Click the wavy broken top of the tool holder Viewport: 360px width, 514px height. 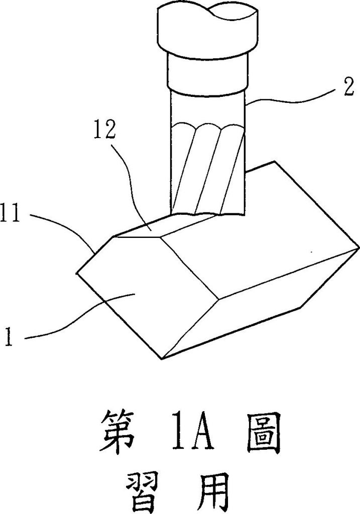pos(206,11)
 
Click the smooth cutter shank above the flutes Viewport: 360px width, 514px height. pos(208,108)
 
